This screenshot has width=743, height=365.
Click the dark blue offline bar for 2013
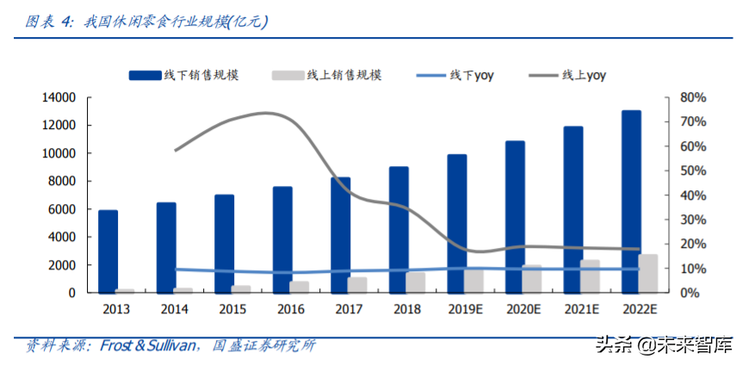(108, 251)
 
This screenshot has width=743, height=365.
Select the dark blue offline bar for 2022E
(631, 201)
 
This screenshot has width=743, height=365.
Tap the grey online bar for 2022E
(647, 274)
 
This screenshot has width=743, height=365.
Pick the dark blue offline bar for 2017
(341, 235)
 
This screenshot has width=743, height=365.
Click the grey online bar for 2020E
(532, 279)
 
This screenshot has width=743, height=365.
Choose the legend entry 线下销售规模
(184, 75)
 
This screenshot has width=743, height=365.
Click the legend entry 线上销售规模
(326, 75)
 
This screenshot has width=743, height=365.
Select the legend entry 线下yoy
(455, 76)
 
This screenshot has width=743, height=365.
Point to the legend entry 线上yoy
(567, 76)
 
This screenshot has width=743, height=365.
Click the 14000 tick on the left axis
(59, 97)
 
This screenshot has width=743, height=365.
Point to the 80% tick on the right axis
(693, 97)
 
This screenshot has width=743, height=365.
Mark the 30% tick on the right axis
(693, 220)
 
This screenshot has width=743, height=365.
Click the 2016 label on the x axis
(291, 309)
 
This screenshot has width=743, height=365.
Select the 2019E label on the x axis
(465, 309)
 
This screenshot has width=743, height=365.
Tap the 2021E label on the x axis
(581, 309)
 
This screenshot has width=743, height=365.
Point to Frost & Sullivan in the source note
(147, 345)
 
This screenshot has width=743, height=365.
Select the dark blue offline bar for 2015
(224, 244)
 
